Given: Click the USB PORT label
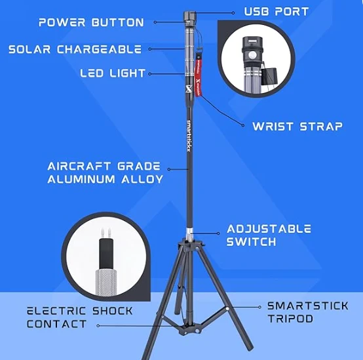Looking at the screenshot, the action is [277, 12].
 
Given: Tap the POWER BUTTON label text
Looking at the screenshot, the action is [91, 22].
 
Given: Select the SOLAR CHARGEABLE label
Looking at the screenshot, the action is [75, 49].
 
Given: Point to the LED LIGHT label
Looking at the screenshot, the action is [113, 73].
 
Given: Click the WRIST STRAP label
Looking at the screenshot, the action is [297, 127].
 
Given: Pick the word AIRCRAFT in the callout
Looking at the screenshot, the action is [79, 167].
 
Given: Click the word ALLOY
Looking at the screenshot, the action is [142, 179].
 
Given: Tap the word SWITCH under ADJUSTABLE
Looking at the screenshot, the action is [252, 242].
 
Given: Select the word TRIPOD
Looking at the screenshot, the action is [290, 319].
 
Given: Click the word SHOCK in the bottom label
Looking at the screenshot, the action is [113, 311].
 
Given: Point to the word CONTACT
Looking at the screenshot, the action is [57, 324].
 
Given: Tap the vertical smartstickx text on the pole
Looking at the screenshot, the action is [189, 136].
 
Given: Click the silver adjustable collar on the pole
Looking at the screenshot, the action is [189, 232].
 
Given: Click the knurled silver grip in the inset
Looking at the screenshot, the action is [105, 282].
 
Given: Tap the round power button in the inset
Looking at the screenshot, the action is [253, 56].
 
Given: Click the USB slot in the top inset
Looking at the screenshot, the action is [252, 42].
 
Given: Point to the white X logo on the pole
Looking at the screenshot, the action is [189, 89].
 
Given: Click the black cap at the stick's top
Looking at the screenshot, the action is [190, 16].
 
